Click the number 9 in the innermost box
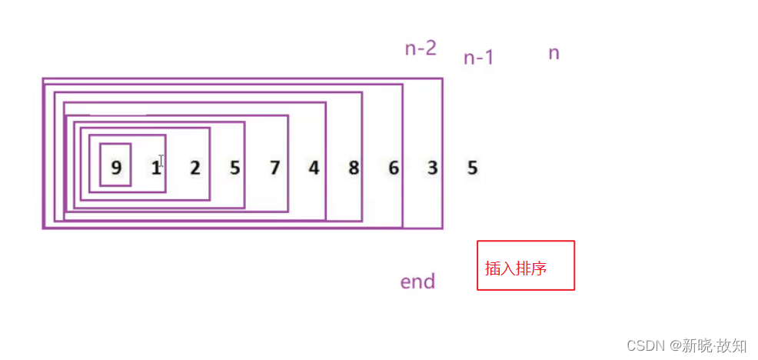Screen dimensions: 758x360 click(x=116, y=168)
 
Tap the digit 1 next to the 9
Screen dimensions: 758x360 click(x=155, y=167)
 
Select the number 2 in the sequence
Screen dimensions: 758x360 click(x=194, y=168)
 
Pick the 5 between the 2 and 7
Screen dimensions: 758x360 click(x=234, y=168)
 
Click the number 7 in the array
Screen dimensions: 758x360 click(x=274, y=168)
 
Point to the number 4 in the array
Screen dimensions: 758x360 click(x=314, y=168)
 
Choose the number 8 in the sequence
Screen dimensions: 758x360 click(x=354, y=168)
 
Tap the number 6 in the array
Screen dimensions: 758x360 click(x=394, y=168)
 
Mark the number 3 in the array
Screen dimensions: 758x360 click(x=433, y=168)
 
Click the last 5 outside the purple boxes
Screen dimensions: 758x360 click(x=473, y=168)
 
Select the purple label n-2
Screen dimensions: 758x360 click(x=421, y=48)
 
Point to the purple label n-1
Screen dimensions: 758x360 click(x=478, y=58)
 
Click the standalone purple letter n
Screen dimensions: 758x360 click(x=554, y=53)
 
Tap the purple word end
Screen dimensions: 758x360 click(x=417, y=282)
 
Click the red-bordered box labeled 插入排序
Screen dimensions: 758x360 click(x=525, y=265)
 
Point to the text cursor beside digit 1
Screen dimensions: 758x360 click(x=161, y=162)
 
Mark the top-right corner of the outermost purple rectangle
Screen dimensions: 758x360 click(x=442, y=78)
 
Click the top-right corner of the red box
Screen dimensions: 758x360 click(x=574, y=242)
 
